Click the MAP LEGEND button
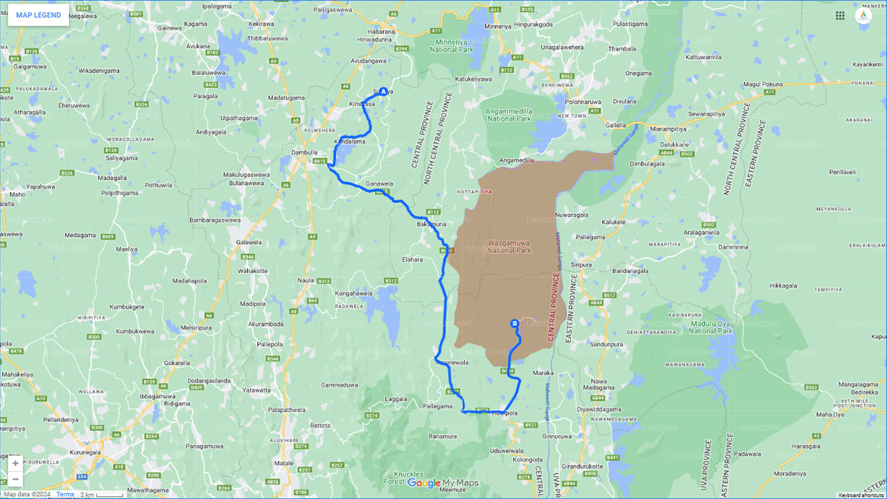[x=38, y=15]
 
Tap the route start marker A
[x=383, y=91]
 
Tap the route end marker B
[x=514, y=323]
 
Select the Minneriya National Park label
[x=453, y=46]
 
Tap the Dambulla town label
[x=305, y=152]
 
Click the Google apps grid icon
[x=840, y=15]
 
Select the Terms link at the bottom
[x=65, y=494]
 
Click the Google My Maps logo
[x=442, y=483]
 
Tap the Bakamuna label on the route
[x=432, y=225]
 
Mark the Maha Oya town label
[x=830, y=414]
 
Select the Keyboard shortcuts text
[x=861, y=495]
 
